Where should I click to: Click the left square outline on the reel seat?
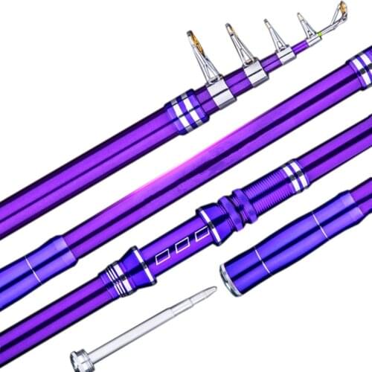click(x=161, y=256)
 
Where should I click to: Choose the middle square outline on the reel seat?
click(x=181, y=246)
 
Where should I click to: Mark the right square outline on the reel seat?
click(x=199, y=237)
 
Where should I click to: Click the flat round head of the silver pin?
click(x=80, y=359)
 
